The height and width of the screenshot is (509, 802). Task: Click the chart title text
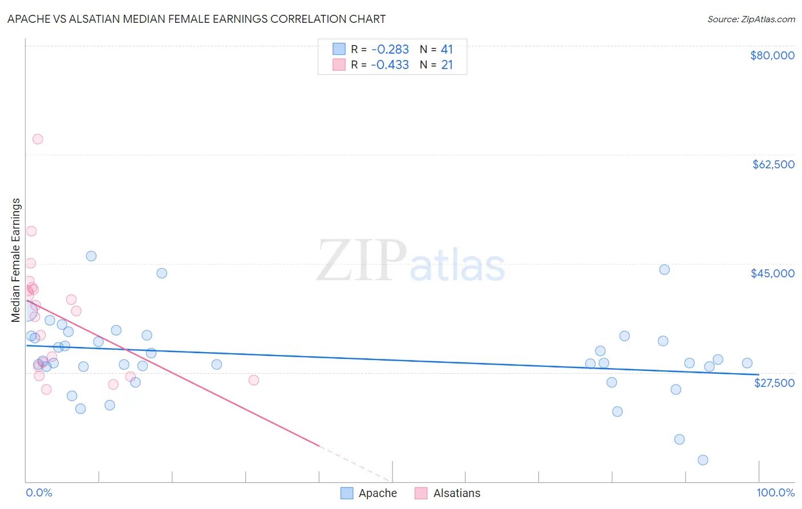click(196, 19)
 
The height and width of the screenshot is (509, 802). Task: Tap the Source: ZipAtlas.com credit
click(751, 19)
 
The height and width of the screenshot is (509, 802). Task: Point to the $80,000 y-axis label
click(772, 55)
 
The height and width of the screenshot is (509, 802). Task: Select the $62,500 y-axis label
click(773, 164)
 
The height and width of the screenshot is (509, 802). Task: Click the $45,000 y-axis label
click(772, 273)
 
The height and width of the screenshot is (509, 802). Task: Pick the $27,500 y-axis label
click(774, 382)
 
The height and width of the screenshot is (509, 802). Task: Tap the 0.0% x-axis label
click(39, 492)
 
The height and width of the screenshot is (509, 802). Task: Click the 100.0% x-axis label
click(775, 492)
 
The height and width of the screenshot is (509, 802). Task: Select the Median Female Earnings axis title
click(16, 260)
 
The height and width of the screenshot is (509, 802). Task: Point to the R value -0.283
click(390, 50)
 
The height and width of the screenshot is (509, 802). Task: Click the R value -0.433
click(390, 65)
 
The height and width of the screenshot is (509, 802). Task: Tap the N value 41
click(447, 50)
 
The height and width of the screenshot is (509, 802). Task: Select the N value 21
click(447, 65)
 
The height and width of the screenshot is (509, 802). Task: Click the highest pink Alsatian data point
click(38, 139)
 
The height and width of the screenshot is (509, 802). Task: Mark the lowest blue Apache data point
click(703, 460)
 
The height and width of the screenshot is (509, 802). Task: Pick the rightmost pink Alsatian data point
click(254, 380)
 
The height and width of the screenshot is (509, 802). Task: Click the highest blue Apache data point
click(91, 256)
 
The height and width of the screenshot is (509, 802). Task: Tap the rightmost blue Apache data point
click(747, 363)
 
